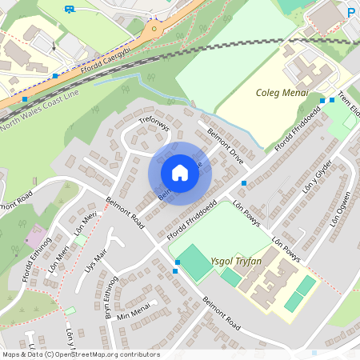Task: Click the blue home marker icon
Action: pos(180,173)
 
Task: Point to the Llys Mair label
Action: pos(96,263)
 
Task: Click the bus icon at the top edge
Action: pos(70,10)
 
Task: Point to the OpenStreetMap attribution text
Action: pos(81,354)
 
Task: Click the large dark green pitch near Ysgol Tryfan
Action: pos(194,262)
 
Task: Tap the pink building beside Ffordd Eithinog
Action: pos(35,234)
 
